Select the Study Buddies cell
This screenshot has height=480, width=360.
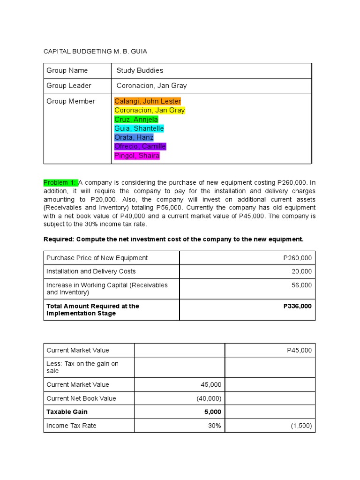click(x=140, y=70)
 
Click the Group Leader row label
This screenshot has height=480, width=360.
click(x=69, y=86)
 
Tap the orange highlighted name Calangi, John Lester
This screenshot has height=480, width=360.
click(x=147, y=101)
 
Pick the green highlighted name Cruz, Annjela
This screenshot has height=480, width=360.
click(x=136, y=120)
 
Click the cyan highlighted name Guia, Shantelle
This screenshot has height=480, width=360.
click(x=139, y=128)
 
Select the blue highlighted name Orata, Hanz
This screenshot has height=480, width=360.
click(x=134, y=137)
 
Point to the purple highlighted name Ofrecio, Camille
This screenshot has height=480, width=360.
click(x=140, y=147)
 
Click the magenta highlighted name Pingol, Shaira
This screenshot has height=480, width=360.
click(x=137, y=156)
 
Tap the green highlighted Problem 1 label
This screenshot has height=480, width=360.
click(x=60, y=182)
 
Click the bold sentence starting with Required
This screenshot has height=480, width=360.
click(x=173, y=239)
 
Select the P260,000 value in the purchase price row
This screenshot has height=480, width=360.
click(x=297, y=258)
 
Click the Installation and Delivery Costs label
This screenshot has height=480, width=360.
click(x=91, y=271)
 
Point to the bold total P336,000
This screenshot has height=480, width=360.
click(x=297, y=306)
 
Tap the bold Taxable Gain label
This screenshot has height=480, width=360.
click(x=67, y=412)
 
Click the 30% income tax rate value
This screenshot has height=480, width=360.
click(x=215, y=426)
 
